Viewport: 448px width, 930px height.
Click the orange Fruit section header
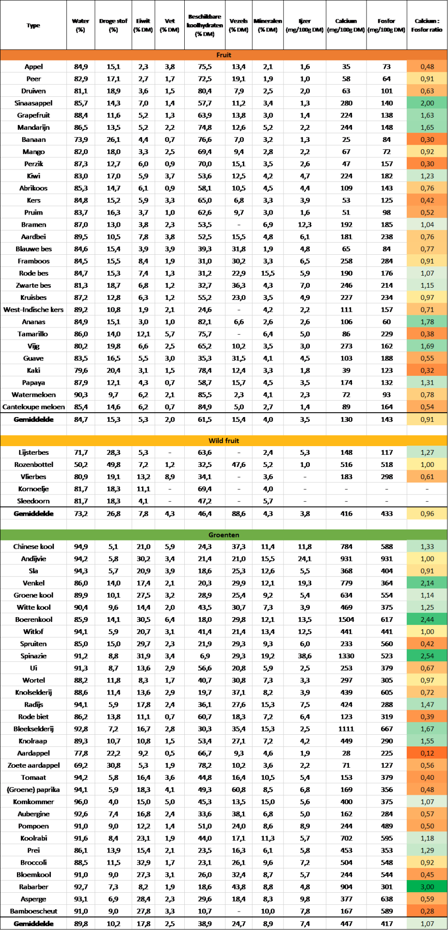[224, 55]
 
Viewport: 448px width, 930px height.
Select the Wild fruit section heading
[224, 441]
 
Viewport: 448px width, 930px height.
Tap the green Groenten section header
[224, 535]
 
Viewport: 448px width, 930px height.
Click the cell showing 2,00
[427, 103]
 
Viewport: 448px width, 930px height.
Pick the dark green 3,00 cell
[427, 886]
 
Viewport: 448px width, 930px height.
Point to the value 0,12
[427, 753]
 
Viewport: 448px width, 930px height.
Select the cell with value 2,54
[427, 656]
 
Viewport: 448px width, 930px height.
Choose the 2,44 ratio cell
[427, 620]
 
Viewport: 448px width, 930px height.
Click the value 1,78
[427, 322]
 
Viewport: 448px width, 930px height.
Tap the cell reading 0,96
[427, 513]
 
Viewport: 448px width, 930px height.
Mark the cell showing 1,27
[427, 452]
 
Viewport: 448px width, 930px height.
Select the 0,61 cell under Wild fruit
[427, 477]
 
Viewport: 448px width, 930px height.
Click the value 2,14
[427, 583]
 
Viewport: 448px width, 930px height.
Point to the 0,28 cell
[427, 911]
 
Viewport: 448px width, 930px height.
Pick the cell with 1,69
[427, 346]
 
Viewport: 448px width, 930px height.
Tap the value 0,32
[427, 371]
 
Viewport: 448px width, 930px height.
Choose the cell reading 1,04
[427, 225]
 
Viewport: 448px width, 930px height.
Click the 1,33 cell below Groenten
[427, 546]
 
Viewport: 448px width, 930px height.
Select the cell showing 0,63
[427, 91]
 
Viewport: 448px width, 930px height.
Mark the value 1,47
[427, 704]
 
